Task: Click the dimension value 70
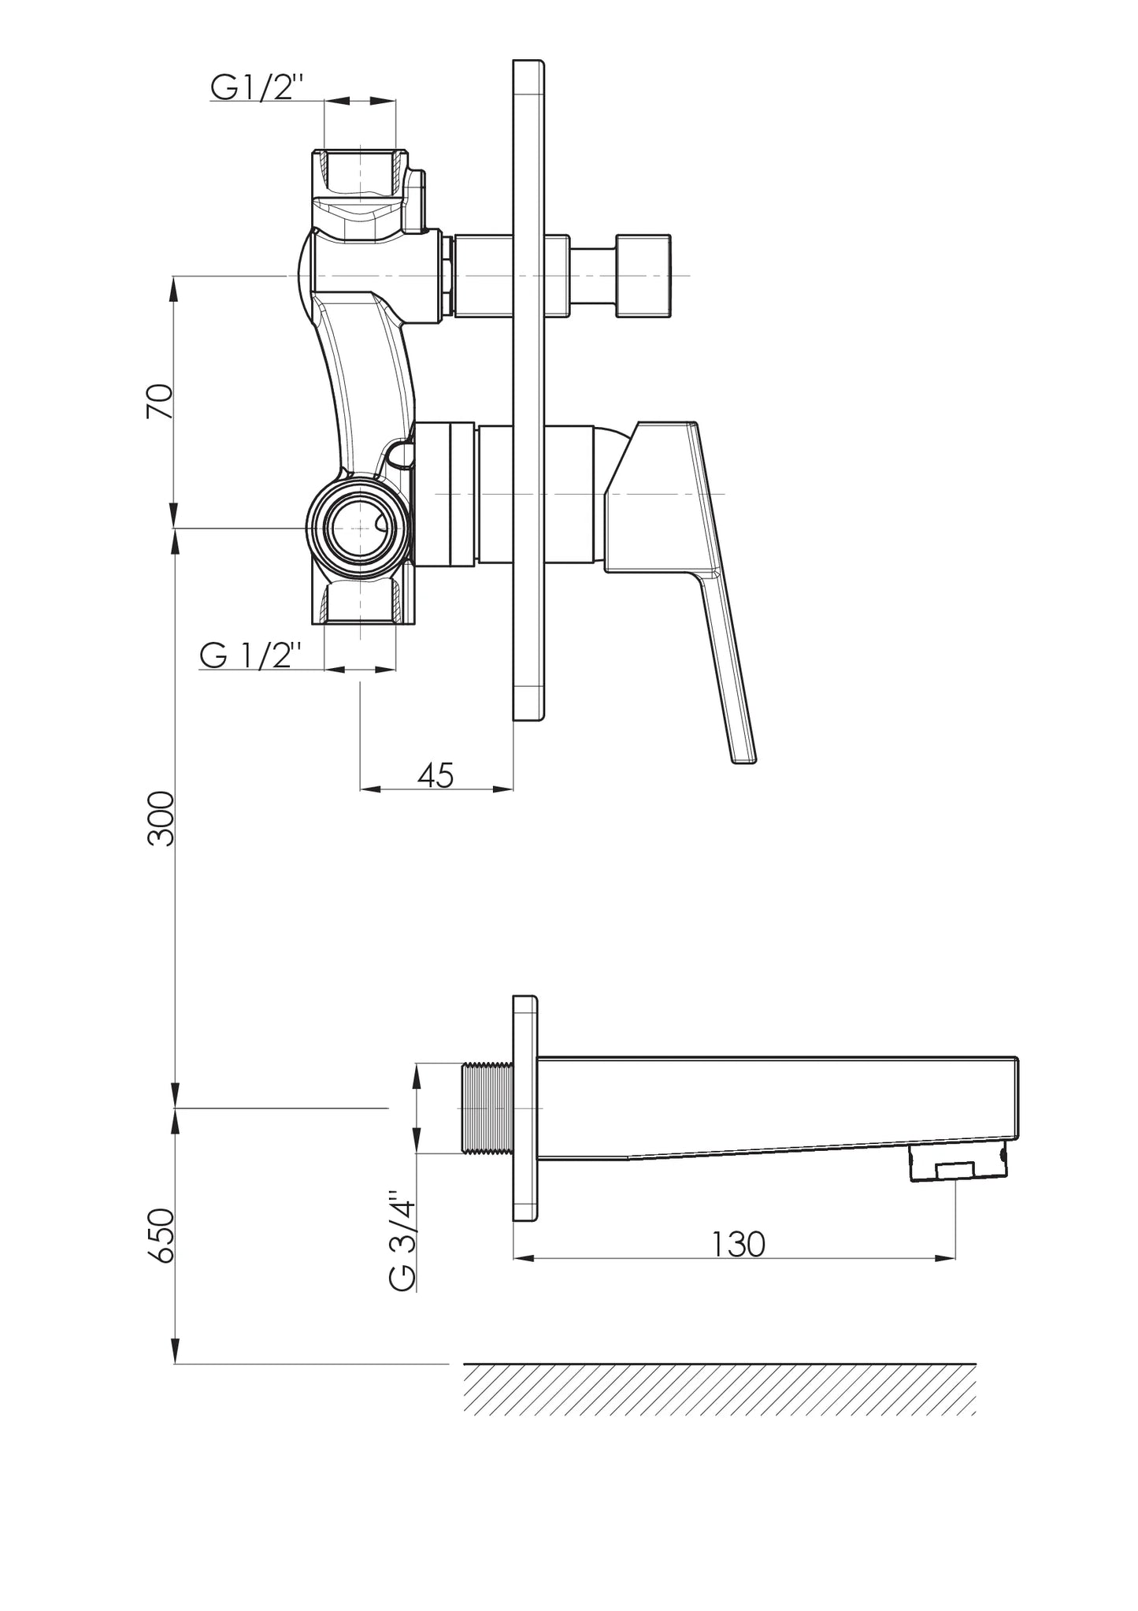160,402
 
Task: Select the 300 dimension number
161,818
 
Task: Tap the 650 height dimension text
161,1236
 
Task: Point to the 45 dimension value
436,775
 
